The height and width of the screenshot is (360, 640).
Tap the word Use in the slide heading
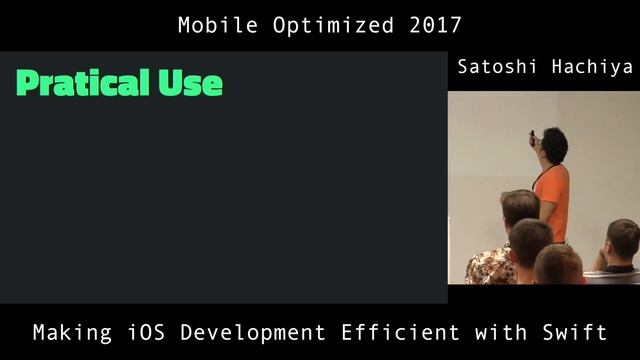190,83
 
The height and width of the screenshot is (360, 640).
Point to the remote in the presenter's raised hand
532,134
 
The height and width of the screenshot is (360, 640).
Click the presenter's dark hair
554,144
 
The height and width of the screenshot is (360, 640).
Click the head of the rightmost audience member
622,238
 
